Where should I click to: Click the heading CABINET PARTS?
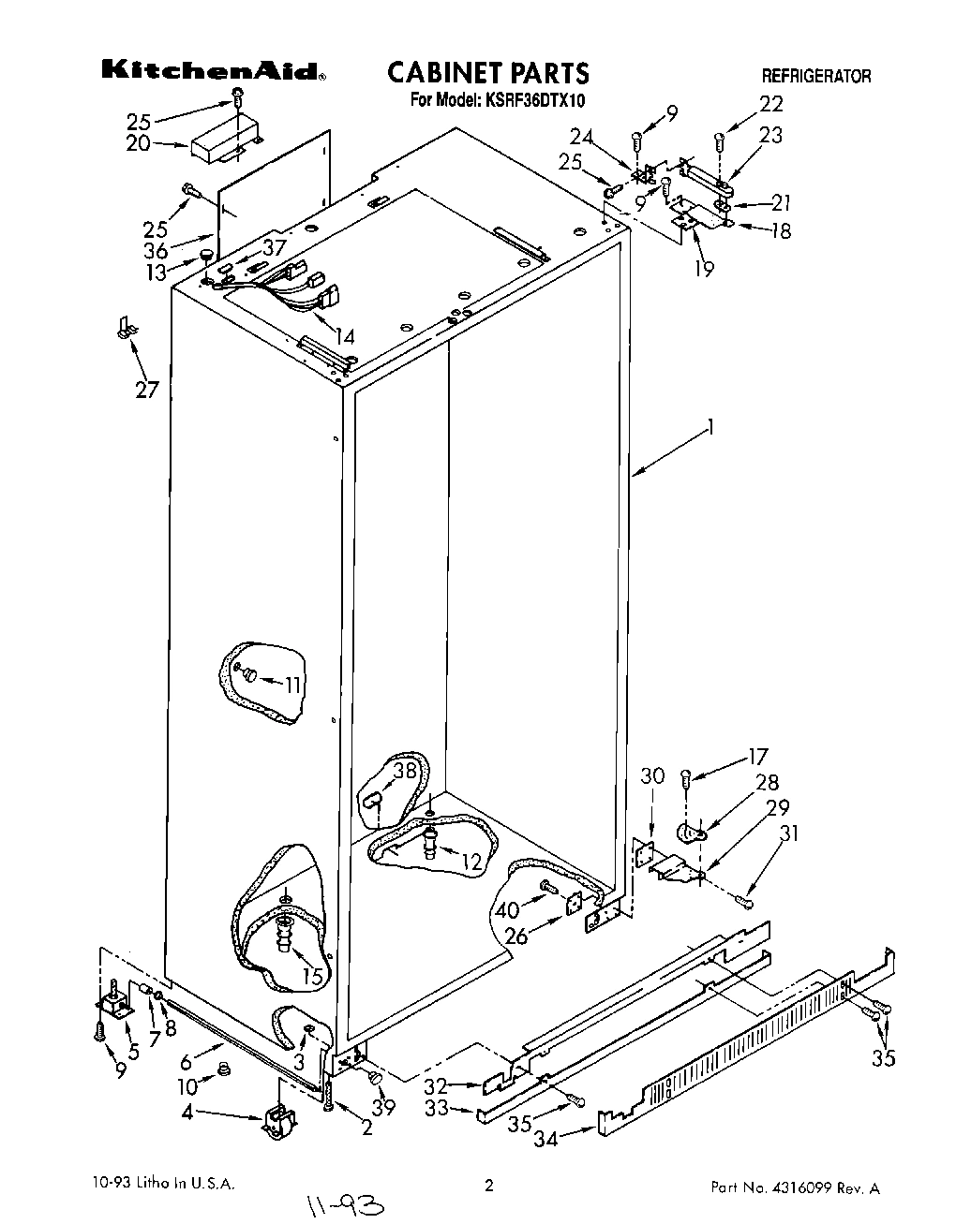[487, 72]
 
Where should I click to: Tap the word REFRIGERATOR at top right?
[815, 77]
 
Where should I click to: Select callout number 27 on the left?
[147, 389]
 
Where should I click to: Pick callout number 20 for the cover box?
[139, 143]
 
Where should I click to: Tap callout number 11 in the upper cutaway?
[293, 685]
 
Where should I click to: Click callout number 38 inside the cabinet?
[404, 772]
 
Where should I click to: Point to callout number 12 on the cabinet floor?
[471, 861]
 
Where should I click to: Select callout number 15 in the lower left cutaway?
[312, 976]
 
